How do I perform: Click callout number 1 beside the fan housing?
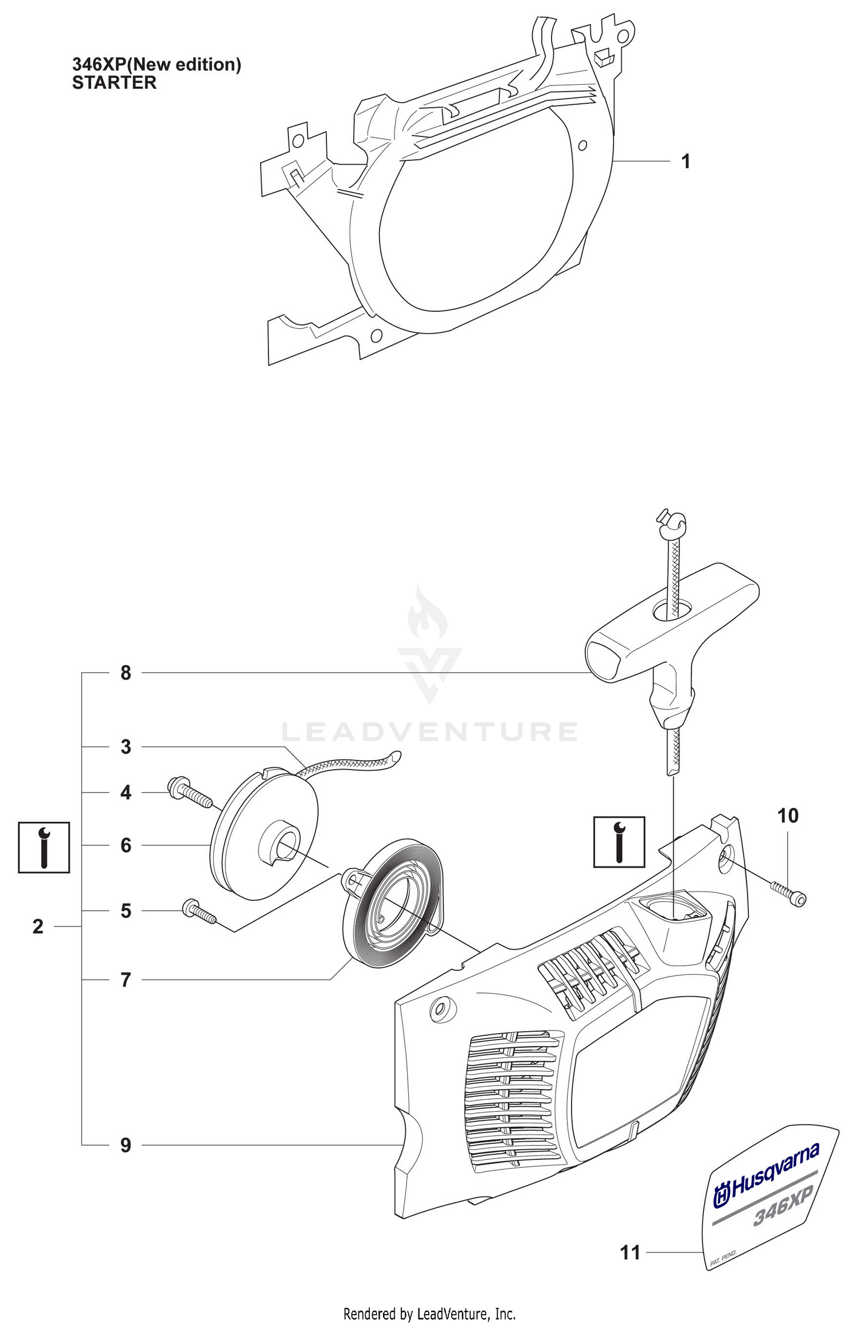(685, 162)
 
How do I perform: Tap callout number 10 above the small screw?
(788, 816)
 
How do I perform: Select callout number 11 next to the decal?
(630, 1253)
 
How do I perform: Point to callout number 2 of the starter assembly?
(38, 927)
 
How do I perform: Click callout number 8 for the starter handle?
(126, 673)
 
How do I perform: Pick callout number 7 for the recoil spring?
(126, 980)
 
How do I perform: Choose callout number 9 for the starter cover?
(126, 1145)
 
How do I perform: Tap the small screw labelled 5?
(200, 912)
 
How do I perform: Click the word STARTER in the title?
(114, 83)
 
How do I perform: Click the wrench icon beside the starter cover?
(619, 842)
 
